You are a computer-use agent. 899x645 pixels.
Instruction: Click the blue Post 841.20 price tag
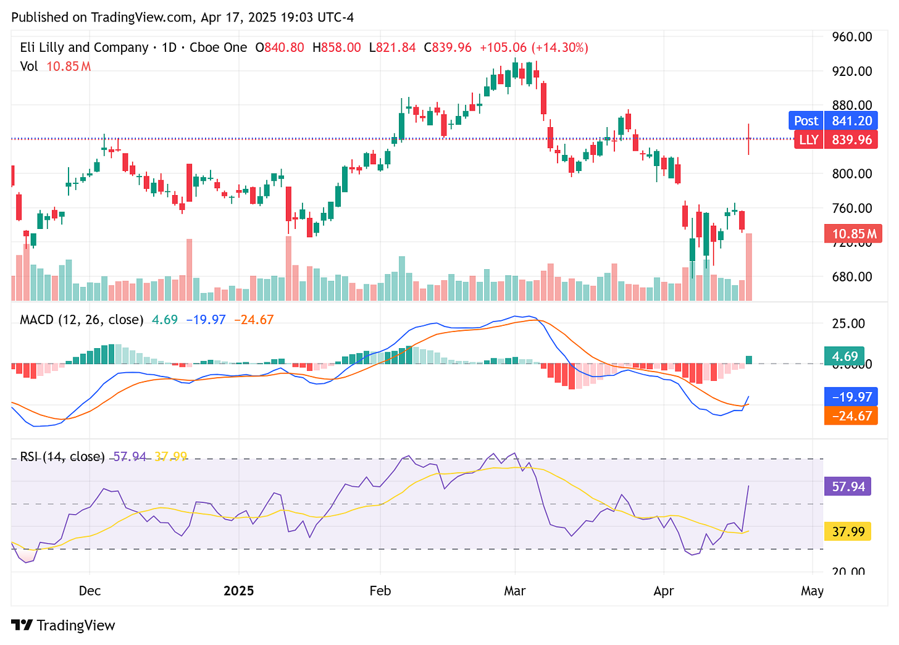point(833,121)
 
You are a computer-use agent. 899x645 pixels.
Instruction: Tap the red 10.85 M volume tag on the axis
point(853,234)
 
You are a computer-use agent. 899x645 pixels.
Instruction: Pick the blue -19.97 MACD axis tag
point(850,396)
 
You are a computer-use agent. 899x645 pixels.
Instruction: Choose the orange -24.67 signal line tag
point(850,415)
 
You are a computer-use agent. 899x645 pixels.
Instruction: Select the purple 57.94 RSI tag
point(848,486)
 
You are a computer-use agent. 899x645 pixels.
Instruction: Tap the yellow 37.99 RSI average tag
point(848,531)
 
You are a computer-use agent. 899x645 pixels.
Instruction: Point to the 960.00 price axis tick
point(851,37)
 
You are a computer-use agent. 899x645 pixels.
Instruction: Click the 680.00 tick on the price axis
point(851,277)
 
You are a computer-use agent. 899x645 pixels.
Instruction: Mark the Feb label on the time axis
point(380,591)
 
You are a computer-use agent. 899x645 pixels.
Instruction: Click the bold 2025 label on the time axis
point(238,591)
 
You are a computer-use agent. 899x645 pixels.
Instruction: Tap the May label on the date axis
point(812,591)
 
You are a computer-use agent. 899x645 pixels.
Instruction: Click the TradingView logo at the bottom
point(64,625)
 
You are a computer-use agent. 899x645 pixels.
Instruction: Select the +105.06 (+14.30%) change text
point(533,48)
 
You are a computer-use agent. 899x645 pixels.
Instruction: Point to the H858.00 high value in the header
point(337,48)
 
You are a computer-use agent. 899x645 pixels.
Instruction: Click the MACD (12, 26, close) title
point(82,320)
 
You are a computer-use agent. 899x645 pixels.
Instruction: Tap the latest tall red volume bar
point(749,267)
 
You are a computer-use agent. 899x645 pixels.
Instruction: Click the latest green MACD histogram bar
point(749,360)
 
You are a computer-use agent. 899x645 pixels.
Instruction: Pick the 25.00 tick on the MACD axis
point(848,323)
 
